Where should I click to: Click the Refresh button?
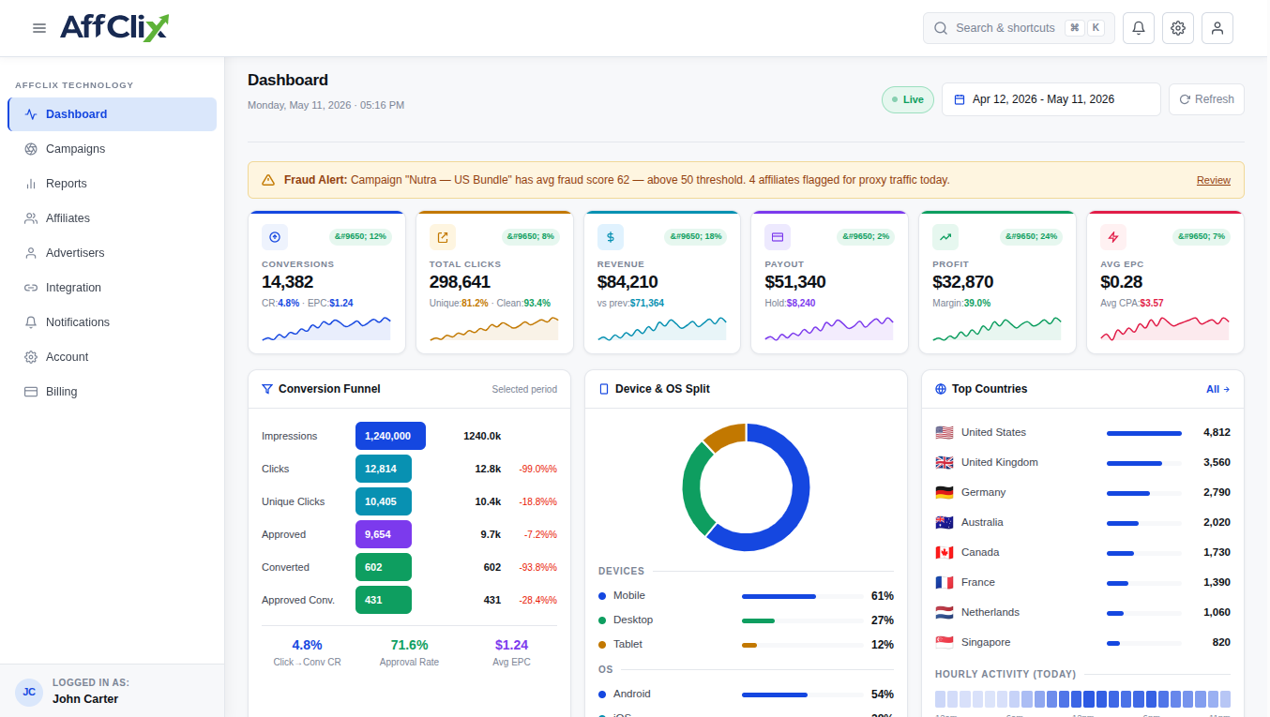point(1206,99)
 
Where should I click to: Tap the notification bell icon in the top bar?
point(1138,28)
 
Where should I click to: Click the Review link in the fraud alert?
point(1214,180)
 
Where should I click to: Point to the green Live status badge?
point(907,99)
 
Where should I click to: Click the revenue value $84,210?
point(627,282)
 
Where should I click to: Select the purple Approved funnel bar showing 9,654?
point(384,534)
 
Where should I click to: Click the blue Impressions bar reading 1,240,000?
point(390,436)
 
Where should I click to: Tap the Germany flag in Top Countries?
point(944,493)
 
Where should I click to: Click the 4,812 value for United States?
point(1217,433)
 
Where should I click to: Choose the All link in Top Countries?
point(1217,390)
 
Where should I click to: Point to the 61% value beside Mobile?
point(883,596)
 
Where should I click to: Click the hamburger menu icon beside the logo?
point(39,28)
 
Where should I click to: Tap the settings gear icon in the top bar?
point(1177,28)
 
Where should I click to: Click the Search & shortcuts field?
point(1019,28)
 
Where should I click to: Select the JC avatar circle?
point(29,692)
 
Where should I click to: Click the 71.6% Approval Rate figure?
point(409,646)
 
